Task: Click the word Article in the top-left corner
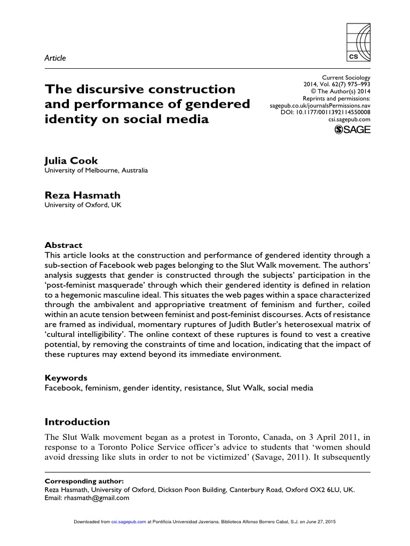coord(55,58)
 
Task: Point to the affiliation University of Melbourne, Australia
coord(96,171)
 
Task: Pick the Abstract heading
coord(60,246)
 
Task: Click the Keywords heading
coord(65,378)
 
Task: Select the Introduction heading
coord(77,422)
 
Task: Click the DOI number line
coord(325,112)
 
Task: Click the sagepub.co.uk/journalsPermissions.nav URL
coord(320,106)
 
